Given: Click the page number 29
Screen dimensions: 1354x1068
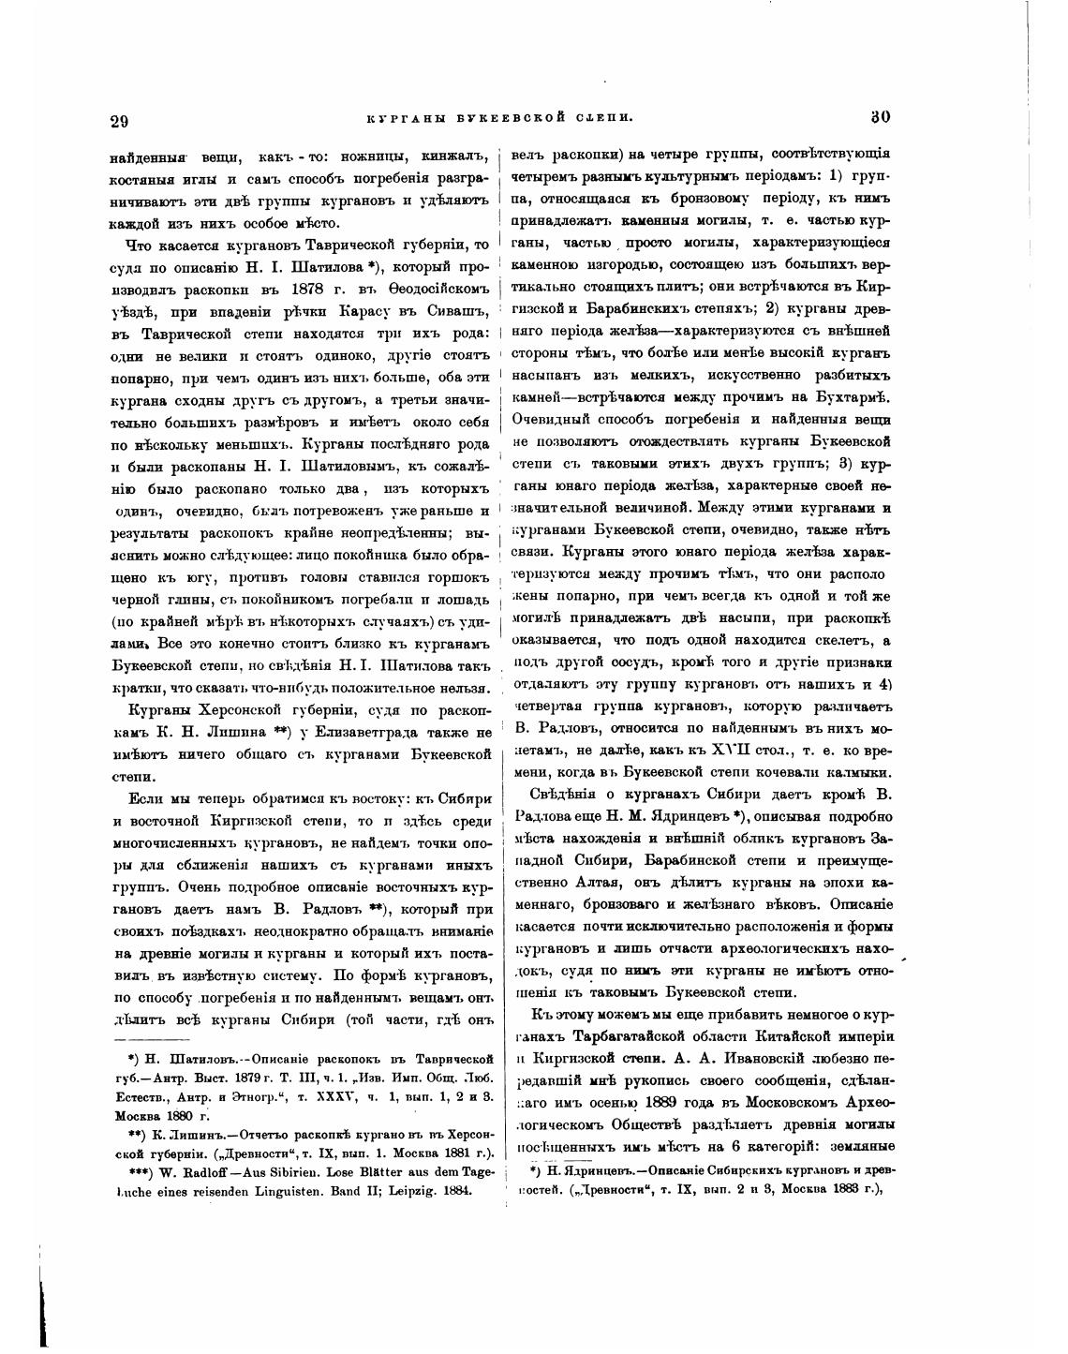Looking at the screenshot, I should point(119,120).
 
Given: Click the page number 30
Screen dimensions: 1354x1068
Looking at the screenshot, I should point(880,117).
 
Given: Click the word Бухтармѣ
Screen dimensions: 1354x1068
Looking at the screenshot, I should point(849,398).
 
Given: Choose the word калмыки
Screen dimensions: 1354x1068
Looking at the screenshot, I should point(859,773).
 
